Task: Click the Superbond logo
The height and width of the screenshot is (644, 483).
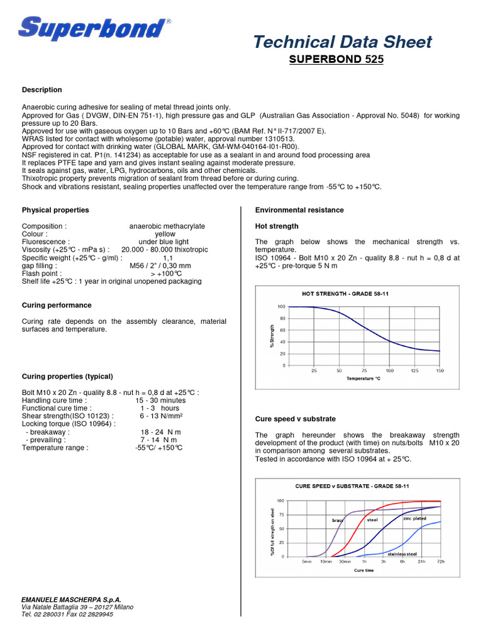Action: pyautogui.click(x=94, y=29)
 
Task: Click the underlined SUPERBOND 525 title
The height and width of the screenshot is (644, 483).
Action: pyautogui.click(x=335, y=60)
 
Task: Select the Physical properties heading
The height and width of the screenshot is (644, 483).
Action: pyautogui.click(x=55, y=210)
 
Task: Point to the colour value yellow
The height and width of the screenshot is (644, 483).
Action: pyautogui.click(x=165, y=234)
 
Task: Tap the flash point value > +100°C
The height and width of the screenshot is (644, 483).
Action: pyautogui.click(x=167, y=274)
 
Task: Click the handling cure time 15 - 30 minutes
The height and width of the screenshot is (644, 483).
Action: pyautogui.click(x=160, y=400)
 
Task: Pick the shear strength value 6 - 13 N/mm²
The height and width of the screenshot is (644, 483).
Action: pyautogui.click(x=161, y=416)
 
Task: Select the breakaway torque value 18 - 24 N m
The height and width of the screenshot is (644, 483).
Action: pyautogui.click(x=161, y=432)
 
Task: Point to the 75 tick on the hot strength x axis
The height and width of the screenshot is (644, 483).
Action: pyautogui.click(x=364, y=370)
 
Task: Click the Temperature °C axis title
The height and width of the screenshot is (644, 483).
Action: pyautogui.click(x=364, y=379)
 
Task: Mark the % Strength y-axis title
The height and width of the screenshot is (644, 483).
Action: pyautogui.click(x=272, y=336)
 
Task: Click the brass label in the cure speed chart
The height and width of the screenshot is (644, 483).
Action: pyautogui.click(x=338, y=520)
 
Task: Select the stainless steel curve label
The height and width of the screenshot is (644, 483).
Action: pyautogui.click(x=402, y=553)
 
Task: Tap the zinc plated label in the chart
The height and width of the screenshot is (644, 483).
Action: pyautogui.click(x=414, y=518)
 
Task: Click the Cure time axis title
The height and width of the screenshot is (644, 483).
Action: pyautogui.click(x=364, y=570)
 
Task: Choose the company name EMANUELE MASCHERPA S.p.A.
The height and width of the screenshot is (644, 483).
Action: pyautogui.click(x=71, y=600)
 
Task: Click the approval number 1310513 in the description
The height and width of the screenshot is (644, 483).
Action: pyautogui.click(x=272, y=139)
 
